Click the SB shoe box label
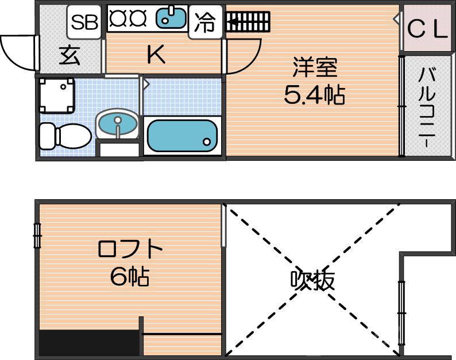click(x=85, y=21)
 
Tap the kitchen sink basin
click(x=172, y=18)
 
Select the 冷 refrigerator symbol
click(x=205, y=22)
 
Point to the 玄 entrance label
click(x=69, y=56)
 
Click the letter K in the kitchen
click(x=156, y=55)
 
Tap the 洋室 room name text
click(x=314, y=68)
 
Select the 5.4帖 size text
click(x=314, y=95)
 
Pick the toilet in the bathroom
click(x=64, y=136)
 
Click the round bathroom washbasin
click(x=118, y=123)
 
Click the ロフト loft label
click(x=130, y=250)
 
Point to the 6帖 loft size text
click(x=130, y=277)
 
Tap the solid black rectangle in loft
click(x=90, y=343)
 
